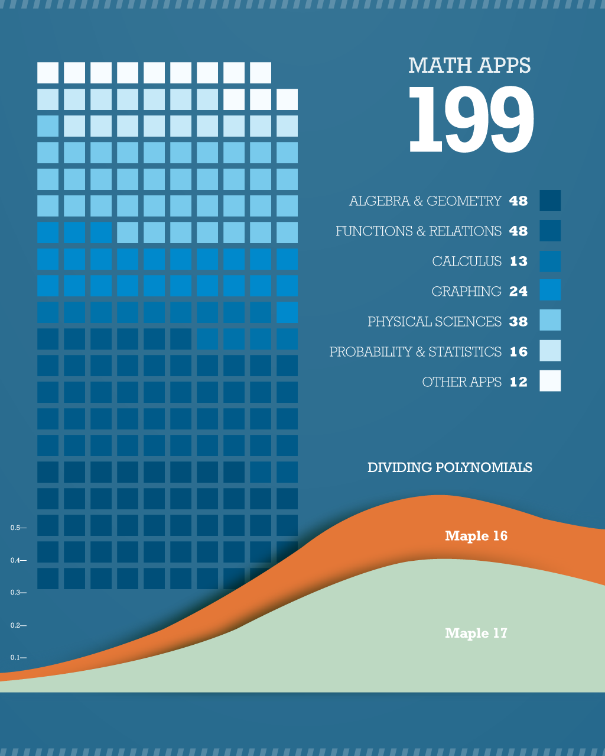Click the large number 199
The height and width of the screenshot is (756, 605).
[471, 120]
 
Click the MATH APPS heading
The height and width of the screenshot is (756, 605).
[470, 66]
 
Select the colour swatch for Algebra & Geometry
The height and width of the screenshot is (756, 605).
[550, 201]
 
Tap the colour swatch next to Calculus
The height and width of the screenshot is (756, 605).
[550, 261]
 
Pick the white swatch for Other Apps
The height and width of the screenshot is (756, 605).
[550, 381]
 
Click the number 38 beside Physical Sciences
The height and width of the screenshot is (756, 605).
[518, 321]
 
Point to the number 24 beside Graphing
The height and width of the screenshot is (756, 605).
[518, 291]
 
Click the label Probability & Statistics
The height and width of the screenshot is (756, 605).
[415, 351]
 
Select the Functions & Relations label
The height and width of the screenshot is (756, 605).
[418, 231]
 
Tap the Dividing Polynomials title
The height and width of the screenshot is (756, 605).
[450, 467]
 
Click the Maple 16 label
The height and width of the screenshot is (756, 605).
[476, 536]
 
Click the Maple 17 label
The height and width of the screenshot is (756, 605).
[476, 633]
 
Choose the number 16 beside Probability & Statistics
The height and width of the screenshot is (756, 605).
[518, 351]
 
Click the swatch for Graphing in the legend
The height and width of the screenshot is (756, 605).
[550, 290]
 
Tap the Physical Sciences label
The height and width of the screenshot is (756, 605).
[434, 321]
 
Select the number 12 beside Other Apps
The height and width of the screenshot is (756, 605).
[518, 382]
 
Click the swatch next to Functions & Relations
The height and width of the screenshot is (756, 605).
[550, 231]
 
